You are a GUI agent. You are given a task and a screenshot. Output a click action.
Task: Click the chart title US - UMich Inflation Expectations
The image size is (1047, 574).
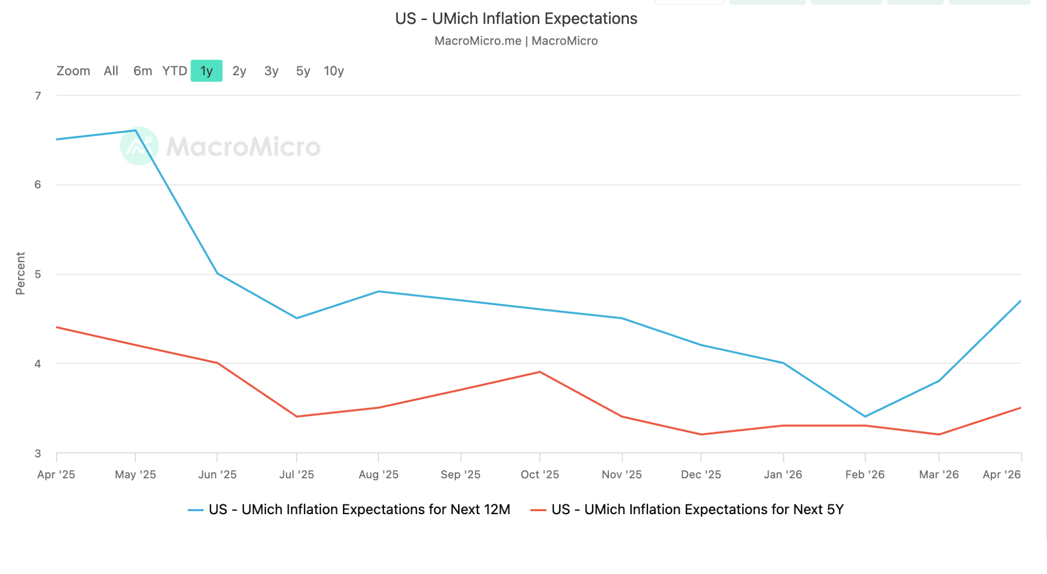tap(516, 18)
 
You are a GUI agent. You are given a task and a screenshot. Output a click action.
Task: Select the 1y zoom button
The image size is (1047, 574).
tap(207, 71)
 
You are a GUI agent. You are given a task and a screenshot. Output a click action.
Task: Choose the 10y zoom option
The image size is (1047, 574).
tap(334, 71)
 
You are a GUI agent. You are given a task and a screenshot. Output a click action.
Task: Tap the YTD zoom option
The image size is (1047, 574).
tap(174, 71)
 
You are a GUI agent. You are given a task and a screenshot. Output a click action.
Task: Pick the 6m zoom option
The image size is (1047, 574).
tap(143, 71)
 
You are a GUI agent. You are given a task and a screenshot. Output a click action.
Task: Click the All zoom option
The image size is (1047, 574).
tap(111, 71)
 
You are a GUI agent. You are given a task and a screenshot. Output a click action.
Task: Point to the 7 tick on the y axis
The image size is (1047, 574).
tap(38, 96)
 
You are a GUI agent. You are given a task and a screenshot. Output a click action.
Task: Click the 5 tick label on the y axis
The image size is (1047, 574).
tap(38, 274)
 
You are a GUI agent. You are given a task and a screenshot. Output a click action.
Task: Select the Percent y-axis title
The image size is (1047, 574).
tap(20, 273)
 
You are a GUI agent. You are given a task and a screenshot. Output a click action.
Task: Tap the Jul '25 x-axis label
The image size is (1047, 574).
tap(297, 474)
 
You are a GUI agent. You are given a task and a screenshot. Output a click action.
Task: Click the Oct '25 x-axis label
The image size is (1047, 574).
tap(540, 474)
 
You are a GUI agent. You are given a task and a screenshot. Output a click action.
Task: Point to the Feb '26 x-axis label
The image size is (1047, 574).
tap(865, 474)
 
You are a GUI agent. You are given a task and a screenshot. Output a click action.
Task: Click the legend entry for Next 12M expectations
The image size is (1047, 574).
tap(349, 510)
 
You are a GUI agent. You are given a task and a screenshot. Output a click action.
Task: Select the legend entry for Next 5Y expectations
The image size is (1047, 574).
tap(687, 510)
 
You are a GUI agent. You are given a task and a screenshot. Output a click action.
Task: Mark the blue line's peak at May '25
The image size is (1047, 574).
tap(135, 130)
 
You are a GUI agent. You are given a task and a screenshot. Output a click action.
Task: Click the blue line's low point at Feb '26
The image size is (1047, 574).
tap(865, 416)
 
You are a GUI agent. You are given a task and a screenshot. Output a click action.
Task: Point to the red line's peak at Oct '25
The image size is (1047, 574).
tap(540, 372)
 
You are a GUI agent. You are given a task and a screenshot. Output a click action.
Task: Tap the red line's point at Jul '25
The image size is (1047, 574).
tap(297, 416)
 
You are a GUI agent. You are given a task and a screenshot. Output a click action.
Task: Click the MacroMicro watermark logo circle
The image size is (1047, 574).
tap(139, 146)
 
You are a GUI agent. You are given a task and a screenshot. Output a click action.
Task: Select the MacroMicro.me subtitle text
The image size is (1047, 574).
tap(478, 41)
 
